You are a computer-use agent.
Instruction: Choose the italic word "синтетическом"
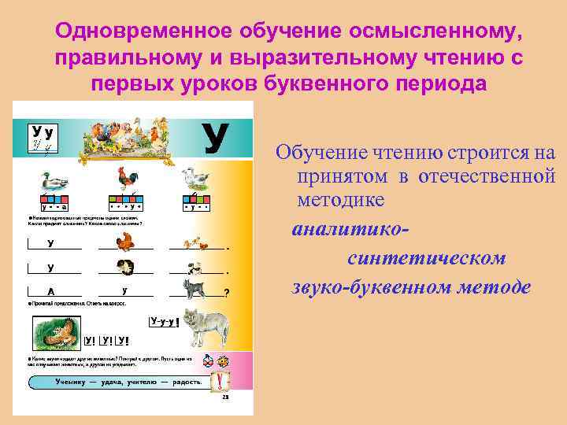click(426, 258)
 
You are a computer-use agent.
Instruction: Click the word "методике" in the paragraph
click(340, 200)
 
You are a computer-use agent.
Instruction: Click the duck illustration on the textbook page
click(52, 184)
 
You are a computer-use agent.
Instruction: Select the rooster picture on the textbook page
click(127, 180)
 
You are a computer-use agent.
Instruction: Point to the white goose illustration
click(195, 179)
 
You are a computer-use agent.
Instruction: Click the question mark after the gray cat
click(227, 292)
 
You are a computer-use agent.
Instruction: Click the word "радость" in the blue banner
click(185, 382)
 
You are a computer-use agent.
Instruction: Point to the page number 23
click(225, 399)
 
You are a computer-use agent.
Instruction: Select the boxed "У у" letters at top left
click(43, 135)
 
